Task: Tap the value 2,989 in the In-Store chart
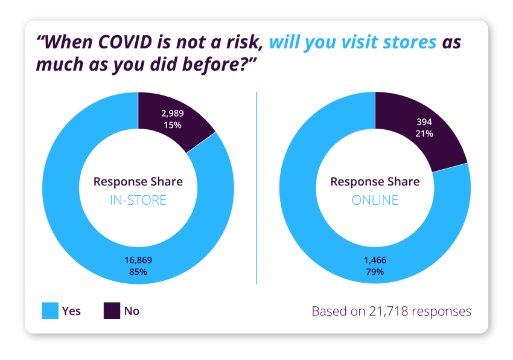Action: tap(172, 113)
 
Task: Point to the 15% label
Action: tap(172, 125)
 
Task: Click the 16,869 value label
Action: tap(138, 260)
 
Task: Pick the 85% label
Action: tap(138, 272)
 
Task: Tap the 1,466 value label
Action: tap(374, 260)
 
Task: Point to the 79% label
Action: tap(374, 272)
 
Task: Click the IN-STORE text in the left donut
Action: tap(138, 200)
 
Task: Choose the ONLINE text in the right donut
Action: tap(375, 200)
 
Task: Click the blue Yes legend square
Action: tap(49, 311)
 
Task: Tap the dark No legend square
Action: tap(112, 311)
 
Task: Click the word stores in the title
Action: tap(407, 43)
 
